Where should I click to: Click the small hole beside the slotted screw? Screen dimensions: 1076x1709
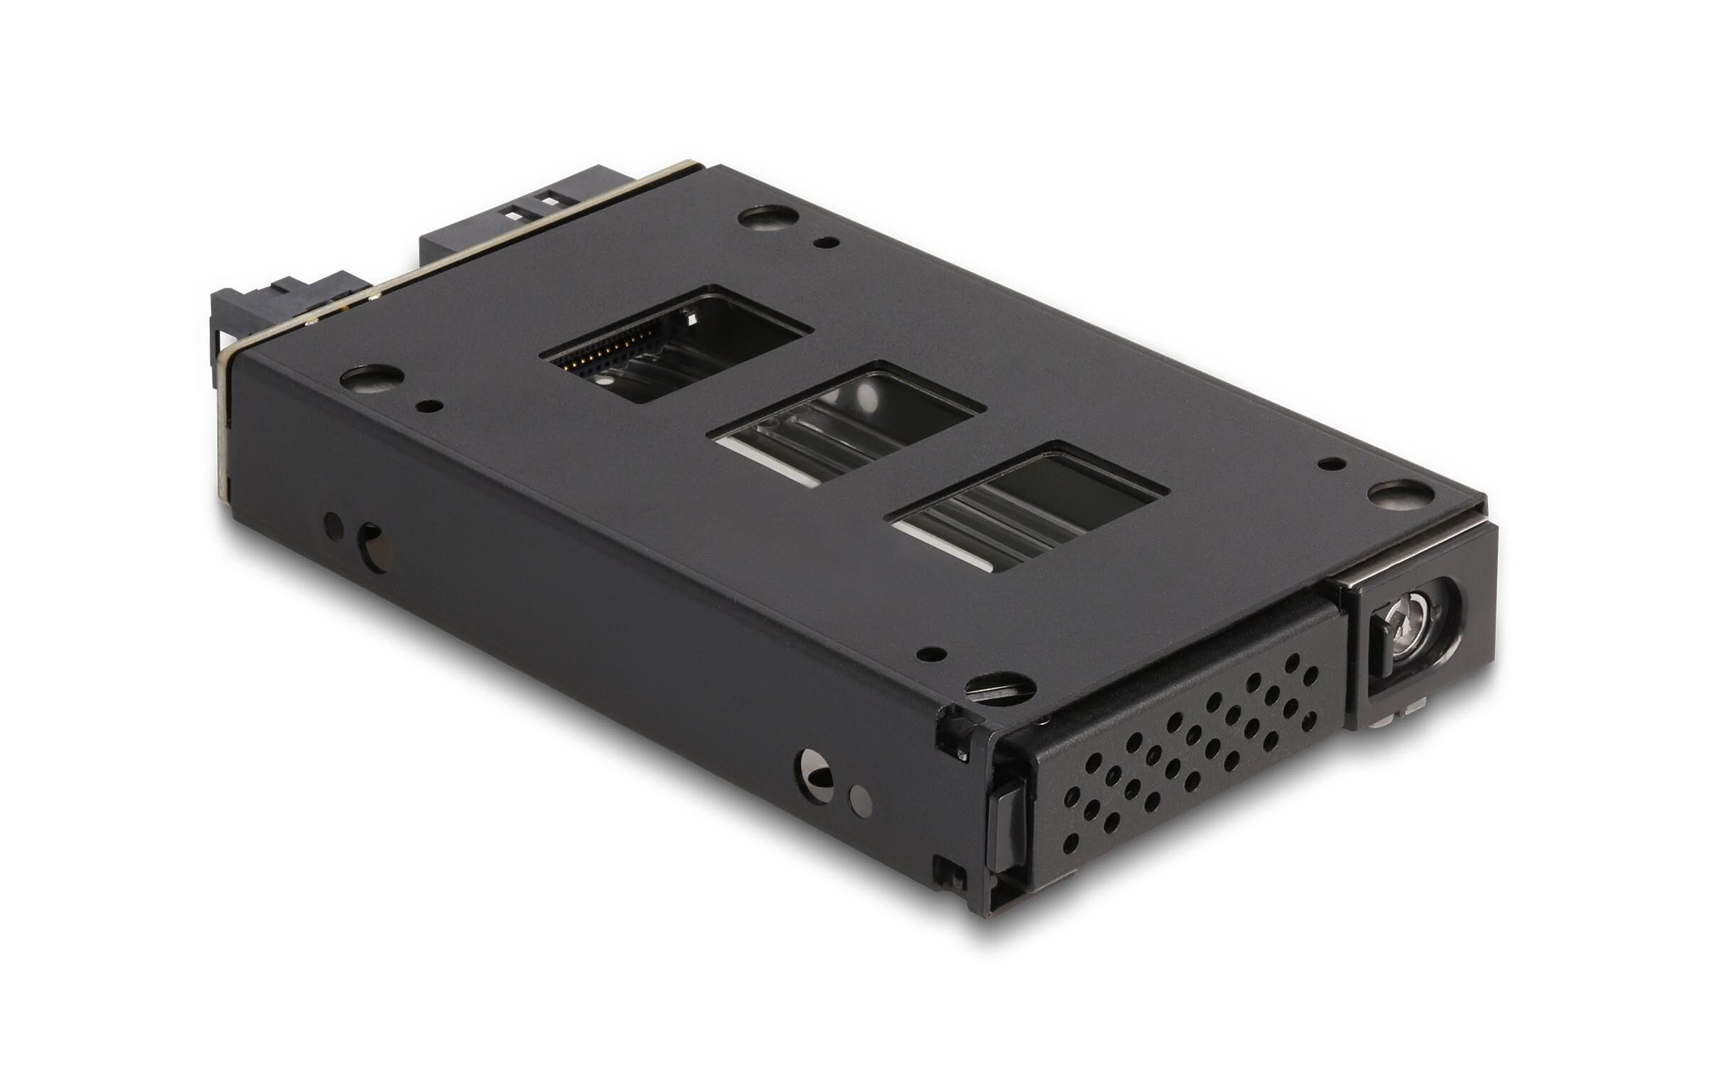928,653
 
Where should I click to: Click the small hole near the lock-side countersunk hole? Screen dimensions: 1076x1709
1326,463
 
